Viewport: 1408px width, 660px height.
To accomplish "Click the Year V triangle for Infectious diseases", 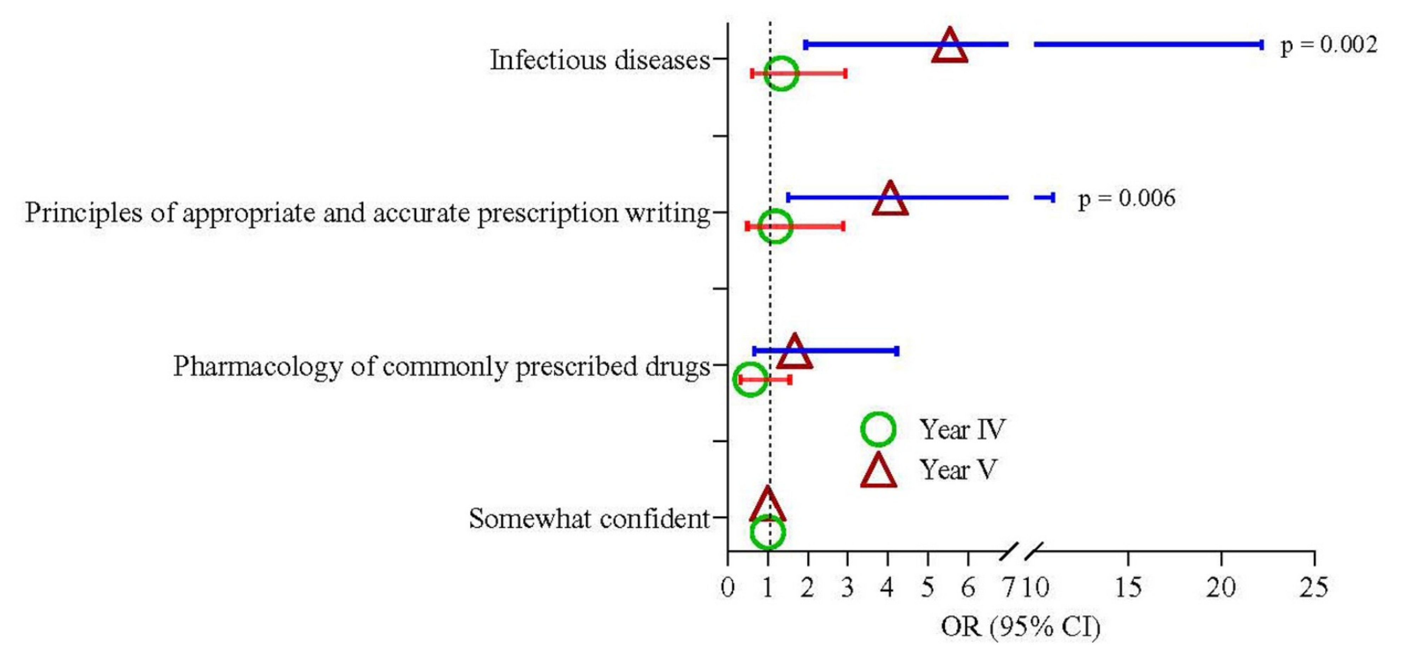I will [x=949, y=47].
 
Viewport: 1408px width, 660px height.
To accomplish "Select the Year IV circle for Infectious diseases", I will [x=781, y=74].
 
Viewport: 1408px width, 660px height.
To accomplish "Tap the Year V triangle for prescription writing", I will [x=890, y=200].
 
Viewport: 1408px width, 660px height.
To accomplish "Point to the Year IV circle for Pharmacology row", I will [x=750, y=379].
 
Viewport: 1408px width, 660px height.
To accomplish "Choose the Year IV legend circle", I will [x=878, y=429].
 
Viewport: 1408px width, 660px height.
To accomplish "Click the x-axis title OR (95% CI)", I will [x=1020, y=627].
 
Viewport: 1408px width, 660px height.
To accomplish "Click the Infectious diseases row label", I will [x=600, y=60].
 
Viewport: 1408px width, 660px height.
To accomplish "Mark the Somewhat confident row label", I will [x=589, y=518].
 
